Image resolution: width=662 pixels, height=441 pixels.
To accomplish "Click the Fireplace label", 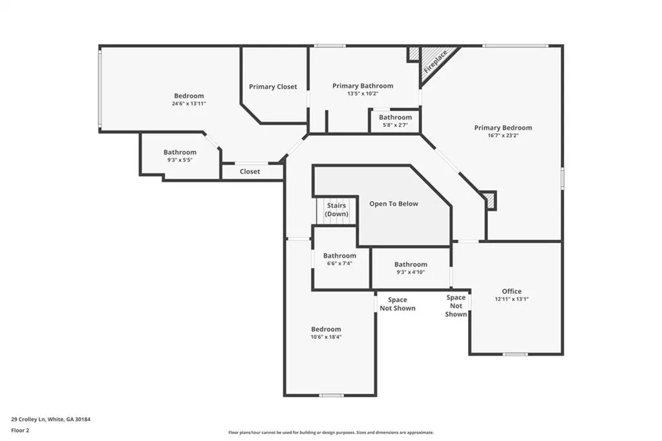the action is [x=435, y=61].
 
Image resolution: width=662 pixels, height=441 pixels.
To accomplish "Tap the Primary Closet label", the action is [x=273, y=87].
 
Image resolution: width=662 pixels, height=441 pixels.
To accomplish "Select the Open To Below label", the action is [x=394, y=204].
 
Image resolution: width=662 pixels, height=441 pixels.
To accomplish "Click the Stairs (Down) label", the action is [x=336, y=210].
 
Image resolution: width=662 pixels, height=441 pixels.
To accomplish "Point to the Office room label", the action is [x=512, y=291].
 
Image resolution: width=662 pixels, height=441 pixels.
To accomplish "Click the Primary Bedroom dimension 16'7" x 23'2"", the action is [x=503, y=136].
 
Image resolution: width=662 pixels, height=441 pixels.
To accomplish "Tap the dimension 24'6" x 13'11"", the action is [x=189, y=103].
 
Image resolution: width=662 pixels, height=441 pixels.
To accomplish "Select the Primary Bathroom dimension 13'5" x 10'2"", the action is [x=363, y=94].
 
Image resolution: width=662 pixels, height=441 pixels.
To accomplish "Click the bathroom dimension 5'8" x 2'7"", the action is [x=395, y=125].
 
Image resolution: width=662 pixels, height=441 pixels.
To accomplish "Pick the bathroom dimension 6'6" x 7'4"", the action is [x=339, y=263].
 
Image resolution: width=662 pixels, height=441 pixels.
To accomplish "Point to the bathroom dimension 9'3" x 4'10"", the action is [x=411, y=272].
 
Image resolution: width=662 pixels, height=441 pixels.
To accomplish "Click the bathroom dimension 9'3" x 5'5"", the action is [x=180, y=160].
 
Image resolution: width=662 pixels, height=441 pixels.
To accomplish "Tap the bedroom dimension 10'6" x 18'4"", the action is [x=326, y=337].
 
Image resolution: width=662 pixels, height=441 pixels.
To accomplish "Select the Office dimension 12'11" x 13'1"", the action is [x=512, y=299].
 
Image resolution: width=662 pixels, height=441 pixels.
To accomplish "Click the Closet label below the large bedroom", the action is [x=250, y=171].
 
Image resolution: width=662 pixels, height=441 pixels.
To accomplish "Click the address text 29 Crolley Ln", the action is [x=28, y=420].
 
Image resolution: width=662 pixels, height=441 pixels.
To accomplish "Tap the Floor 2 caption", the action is [x=20, y=431].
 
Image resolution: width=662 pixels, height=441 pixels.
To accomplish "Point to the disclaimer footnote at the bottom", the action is [x=331, y=433].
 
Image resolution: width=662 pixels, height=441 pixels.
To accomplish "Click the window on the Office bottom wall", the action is [x=515, y=354].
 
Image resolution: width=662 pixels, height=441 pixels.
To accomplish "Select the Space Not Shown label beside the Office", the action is [x=456, y=306].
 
